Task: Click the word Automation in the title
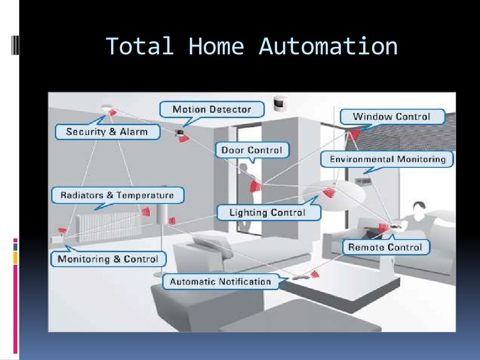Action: click(328, 47)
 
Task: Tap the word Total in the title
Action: click(140, 47)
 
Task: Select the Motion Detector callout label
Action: click(212, 110)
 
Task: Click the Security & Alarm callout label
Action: click(107, 132)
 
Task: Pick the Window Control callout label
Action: click(391, 116)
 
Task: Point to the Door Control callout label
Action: click(252, 150)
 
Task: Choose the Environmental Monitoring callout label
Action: click(388, 159)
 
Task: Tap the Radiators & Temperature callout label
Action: click(117, 195)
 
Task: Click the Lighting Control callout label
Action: click(268, 213)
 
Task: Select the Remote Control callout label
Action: click(385, 247)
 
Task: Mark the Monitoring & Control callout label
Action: click(108, 259)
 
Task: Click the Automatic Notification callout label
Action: click(220, 282)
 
